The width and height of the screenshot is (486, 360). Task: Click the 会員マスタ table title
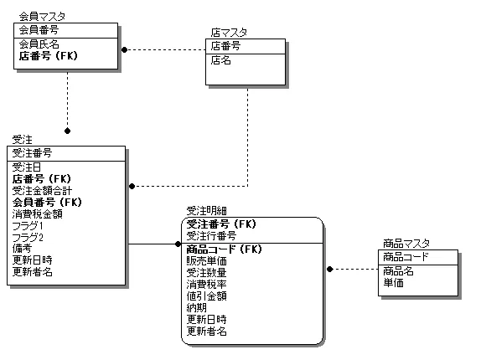tap(42, 16)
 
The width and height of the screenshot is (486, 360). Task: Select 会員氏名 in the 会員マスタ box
tap(39, 43)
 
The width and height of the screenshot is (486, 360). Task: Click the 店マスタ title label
tap(229, 33)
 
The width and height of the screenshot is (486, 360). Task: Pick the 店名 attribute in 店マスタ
tap(221, 60)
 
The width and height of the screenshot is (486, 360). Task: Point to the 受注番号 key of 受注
tap(32, 152)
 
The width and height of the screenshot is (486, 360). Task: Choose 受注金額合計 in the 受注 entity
tap(42, 190)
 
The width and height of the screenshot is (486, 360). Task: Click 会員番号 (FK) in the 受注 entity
tap(47, 202)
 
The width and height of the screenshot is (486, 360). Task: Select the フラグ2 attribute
tap(28, 237)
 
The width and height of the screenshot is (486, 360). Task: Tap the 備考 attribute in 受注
tap(22, 249)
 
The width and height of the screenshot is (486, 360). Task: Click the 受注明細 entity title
tap(206, 211)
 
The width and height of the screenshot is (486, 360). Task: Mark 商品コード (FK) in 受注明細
tap(225, 249)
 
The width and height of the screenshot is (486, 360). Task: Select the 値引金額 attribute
tap(206, 296)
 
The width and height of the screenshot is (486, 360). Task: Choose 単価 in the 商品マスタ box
tap(393, 283)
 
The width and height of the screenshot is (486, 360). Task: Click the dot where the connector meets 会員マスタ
tap(124, 49)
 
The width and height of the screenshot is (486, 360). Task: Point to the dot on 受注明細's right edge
tap(329, 270)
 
